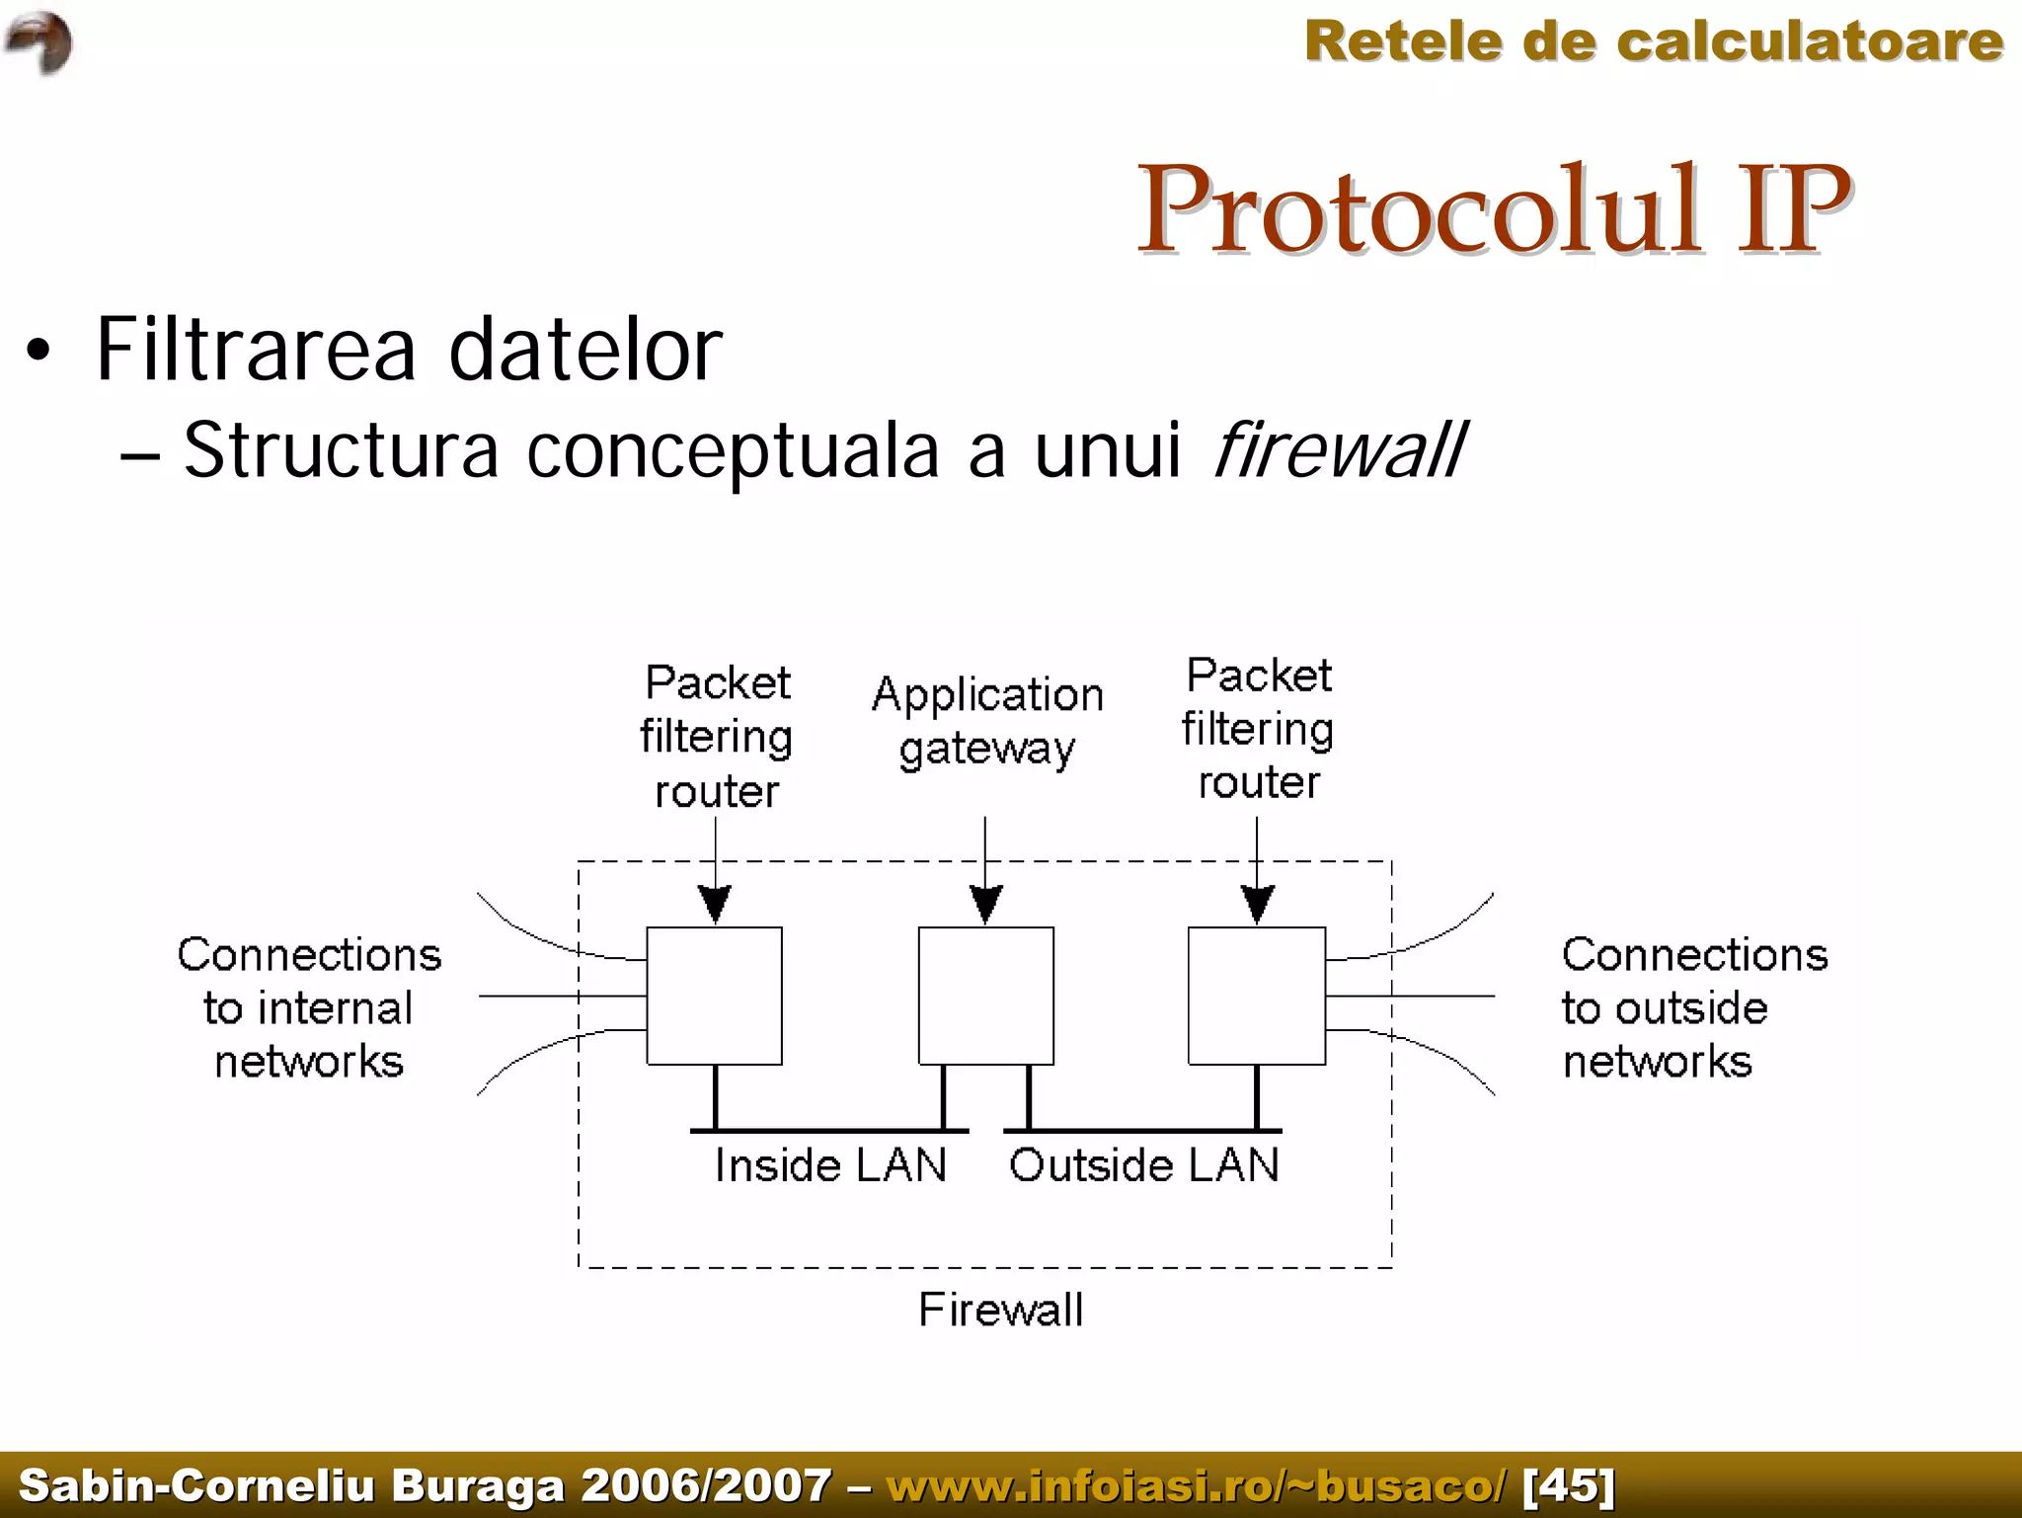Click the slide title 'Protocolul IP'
(1493, 209)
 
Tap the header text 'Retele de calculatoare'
(1653, 41)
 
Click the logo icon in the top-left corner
(39, 41)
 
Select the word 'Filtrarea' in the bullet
(256, 350)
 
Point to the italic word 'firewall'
(1338, 450)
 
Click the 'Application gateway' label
(987, 721)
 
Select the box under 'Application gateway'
(985, 995)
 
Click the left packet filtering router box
(714, 995)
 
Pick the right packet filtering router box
(1256, 995)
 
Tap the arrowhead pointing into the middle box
(985, 903)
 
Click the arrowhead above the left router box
(715, 903)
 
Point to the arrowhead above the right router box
(1257, 903)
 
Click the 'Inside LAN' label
(830, 1165)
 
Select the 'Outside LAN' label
(1143, 1165)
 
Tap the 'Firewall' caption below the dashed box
(1000, 1310)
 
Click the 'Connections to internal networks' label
(309, 1007)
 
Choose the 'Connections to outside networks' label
(1692, 1007)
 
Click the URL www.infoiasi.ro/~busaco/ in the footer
(1196, 1485)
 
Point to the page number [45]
(1569, 1485)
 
